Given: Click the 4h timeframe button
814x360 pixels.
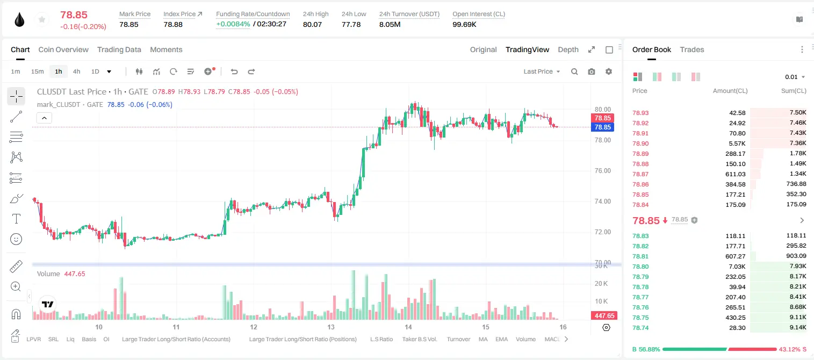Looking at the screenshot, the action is point(76,71).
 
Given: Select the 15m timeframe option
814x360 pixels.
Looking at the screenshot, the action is point(38,71).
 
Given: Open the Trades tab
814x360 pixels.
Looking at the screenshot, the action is point(692,49).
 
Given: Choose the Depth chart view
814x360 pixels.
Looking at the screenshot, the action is point(568,49).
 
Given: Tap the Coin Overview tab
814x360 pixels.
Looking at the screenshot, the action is point(63,49).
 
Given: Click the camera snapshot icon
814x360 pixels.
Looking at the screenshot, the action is point(592,71).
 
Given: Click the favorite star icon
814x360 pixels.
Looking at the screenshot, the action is point(42,19).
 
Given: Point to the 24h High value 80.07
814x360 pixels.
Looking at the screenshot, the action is point(312,24).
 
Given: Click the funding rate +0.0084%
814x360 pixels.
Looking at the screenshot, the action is point(233,24).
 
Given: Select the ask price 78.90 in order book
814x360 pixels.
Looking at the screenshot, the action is point(640,143).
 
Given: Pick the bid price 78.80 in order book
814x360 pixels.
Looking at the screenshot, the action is point(640,267).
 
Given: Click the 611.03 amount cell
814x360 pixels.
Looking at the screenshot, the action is point(735,174).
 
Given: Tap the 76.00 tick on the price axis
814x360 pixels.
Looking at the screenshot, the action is point(602,171).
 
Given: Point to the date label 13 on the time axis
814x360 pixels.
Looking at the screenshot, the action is point(330,327).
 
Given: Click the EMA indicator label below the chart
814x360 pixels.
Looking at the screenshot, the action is point(501,339).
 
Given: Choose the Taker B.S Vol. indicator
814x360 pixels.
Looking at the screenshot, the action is point(419,339).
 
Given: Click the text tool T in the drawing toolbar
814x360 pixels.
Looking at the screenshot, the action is point(16,219).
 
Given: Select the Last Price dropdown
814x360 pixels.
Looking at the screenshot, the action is point(542,71).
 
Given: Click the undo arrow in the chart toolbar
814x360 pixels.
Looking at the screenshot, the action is point(234,71).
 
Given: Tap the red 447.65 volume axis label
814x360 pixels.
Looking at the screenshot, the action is point(604,316).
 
